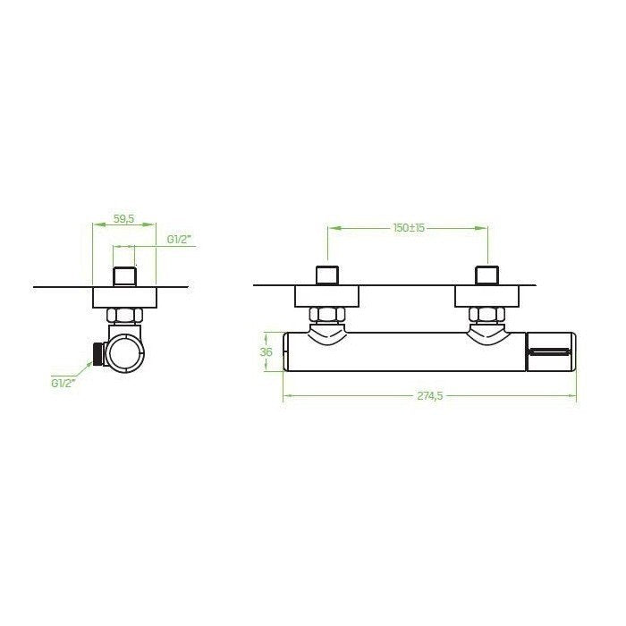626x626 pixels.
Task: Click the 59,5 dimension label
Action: (123, 219)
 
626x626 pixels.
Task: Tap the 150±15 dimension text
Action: (409, 228)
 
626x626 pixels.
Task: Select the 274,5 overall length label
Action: (430, 395)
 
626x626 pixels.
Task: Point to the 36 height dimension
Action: (266, 351)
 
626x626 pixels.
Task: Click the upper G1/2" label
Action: (179, 240)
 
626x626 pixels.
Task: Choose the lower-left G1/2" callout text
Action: (63, 383)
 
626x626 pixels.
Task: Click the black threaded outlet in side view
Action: (97, 354)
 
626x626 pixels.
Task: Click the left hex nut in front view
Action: (326, 316)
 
